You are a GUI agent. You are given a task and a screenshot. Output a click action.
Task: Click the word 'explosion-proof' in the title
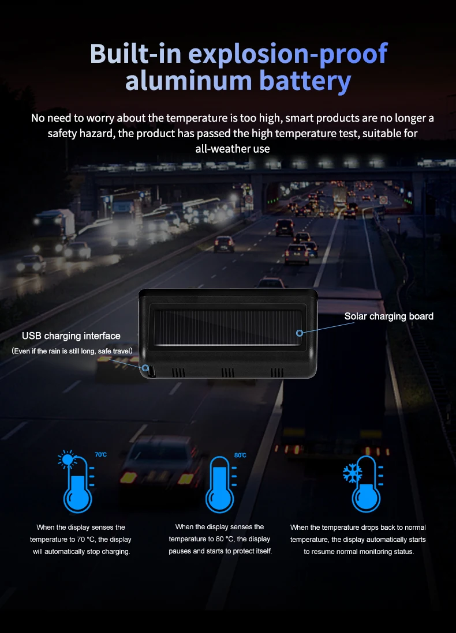288,54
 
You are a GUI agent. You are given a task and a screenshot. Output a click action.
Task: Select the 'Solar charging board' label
388,316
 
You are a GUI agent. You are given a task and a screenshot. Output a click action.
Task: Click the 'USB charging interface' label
71,336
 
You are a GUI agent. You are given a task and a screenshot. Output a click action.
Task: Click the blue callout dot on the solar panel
300,333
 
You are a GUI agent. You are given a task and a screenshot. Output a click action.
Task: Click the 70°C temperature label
100,455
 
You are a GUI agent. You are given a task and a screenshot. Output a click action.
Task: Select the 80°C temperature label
240,455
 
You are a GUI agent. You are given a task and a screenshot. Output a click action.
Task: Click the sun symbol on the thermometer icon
68,460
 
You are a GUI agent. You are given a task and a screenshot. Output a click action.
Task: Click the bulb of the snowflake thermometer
366,499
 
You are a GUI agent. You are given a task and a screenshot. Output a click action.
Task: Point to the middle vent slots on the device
229,372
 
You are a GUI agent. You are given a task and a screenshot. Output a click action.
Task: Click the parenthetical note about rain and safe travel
72,351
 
